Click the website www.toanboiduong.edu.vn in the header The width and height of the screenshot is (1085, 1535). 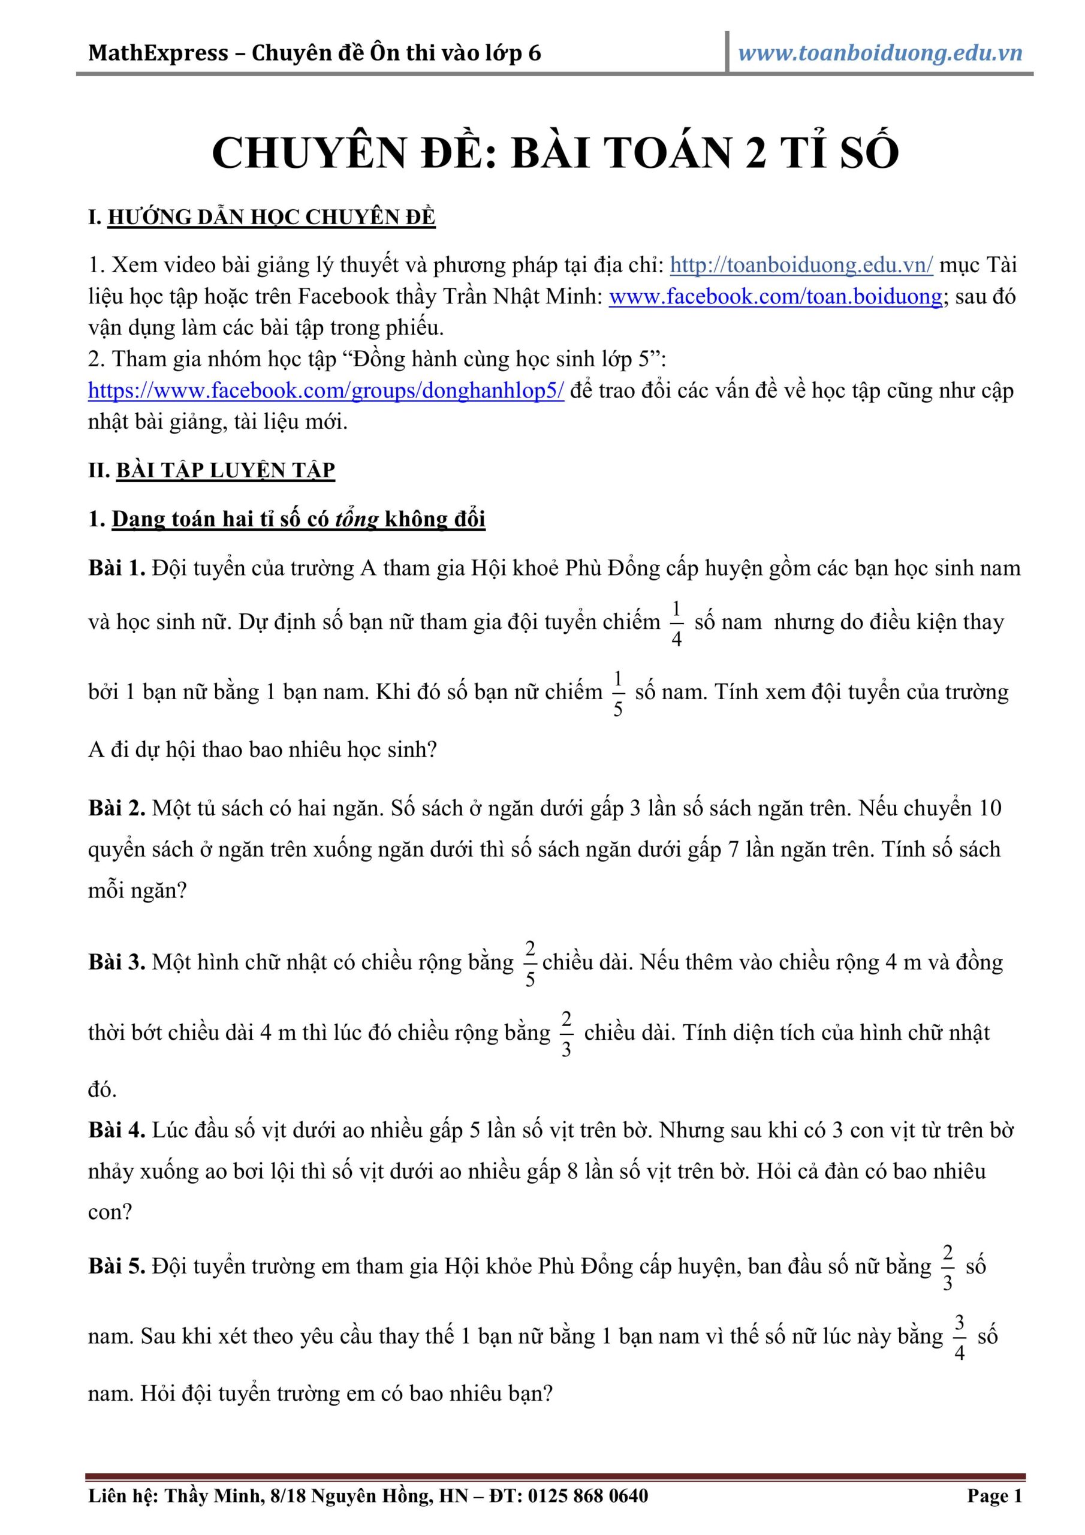880,53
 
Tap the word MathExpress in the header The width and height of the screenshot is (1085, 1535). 158,53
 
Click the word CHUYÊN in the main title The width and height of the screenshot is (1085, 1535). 308,152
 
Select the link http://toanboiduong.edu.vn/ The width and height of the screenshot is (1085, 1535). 801,265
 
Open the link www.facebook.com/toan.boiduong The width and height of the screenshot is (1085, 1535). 776,296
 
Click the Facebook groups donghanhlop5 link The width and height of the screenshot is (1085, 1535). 326,390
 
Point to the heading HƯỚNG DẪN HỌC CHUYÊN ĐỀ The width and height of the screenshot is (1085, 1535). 272,217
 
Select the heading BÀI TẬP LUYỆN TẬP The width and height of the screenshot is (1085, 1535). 225,470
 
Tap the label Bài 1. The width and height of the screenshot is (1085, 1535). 116,568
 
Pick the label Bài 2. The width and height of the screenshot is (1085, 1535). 116,808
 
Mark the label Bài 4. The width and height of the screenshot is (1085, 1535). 116,1130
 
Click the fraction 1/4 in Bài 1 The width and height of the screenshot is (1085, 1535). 677,623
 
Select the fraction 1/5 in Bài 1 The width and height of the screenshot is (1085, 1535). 617,693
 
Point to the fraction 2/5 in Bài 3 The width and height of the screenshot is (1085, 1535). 530,964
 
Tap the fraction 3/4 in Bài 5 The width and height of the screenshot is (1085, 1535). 959,1337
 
